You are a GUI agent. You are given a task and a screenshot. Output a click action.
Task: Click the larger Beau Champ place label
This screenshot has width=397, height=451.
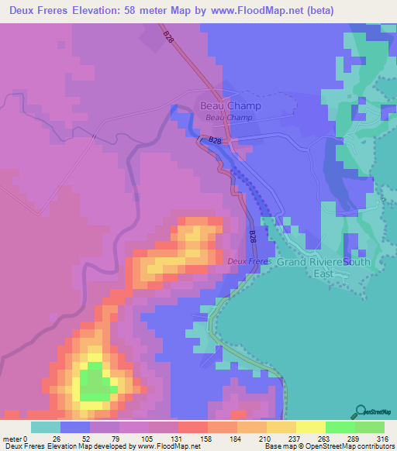point(230,105)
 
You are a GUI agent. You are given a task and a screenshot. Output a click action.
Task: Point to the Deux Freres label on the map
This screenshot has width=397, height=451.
point(250,262)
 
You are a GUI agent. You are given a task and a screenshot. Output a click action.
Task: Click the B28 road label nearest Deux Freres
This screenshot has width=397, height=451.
point(253,236)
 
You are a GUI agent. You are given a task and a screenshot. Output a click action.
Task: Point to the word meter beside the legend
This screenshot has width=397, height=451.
point(12,438)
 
